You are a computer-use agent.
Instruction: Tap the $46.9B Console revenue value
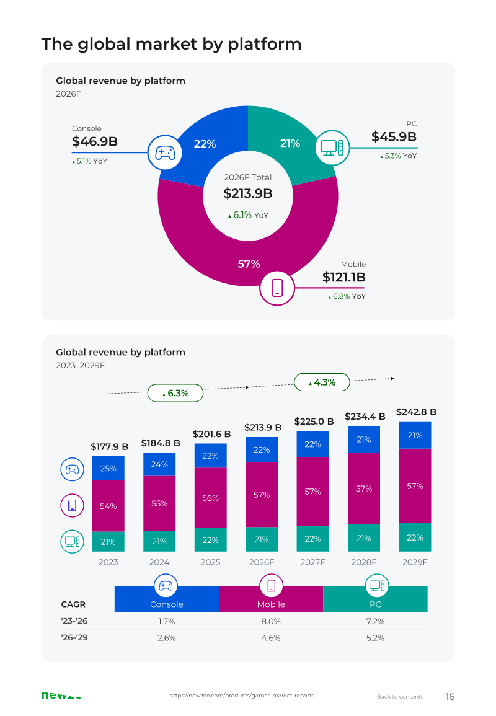pos(94,141)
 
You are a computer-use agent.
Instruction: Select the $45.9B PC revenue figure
pos(394,136)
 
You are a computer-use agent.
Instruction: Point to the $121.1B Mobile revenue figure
pos(344,277)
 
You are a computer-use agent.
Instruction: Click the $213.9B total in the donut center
pos(248,193)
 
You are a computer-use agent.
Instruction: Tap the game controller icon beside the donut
pos(165,152)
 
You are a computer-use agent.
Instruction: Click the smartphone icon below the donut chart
pos(277,288)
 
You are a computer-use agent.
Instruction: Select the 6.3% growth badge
pos(175,393)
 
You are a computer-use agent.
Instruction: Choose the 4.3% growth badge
pos(322,382)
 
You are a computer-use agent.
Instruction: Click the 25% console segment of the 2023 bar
pos(108,468)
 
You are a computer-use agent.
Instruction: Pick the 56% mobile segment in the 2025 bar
pos(211,498)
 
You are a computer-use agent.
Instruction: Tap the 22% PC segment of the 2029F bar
pos(415,537)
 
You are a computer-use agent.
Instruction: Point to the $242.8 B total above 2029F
pos(416,412)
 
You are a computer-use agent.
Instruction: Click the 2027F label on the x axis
pos(313,562)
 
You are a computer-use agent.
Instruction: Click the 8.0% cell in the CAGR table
pos(271,622)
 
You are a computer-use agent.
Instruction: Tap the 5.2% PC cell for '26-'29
pos(376,638)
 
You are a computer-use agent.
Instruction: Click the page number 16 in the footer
pos(450,696)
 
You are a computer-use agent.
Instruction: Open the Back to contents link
pos(400,696)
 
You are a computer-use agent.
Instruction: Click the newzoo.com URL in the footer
pos(242,696)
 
